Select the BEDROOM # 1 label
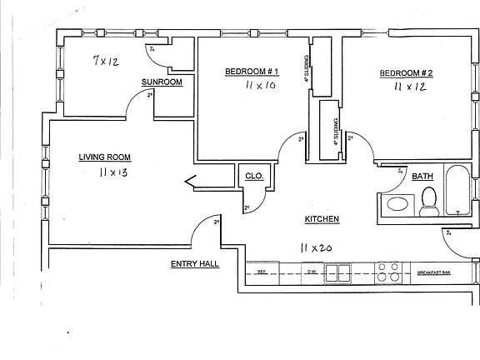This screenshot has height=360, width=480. click(250, 72)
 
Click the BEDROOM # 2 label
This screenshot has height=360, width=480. click(406, 72)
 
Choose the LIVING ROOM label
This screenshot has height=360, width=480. click(105, 157)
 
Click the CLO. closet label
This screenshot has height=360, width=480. click(254, 177)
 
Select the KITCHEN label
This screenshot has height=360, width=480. click(322, 219)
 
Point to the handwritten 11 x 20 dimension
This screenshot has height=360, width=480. click(317, 247)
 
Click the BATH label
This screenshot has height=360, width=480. click(422, 176)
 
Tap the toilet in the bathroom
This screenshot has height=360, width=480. click(429, 201)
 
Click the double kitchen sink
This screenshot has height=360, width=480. click(337, 272)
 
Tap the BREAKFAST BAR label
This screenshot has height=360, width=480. click(433, 272)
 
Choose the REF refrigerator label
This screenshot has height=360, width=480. click(262, 272)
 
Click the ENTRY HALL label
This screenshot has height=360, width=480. click(195, 264)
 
